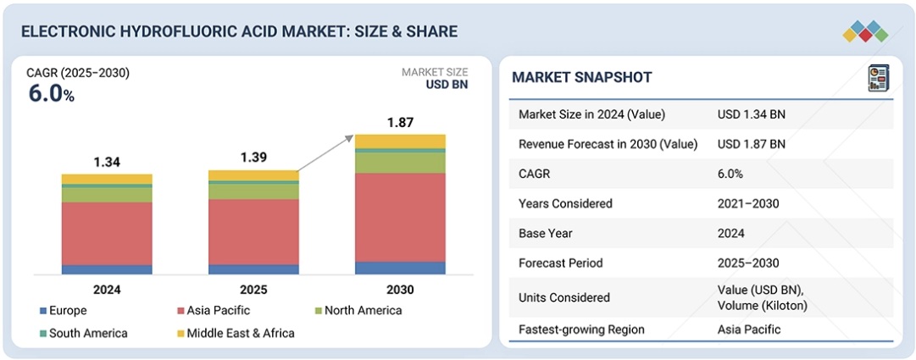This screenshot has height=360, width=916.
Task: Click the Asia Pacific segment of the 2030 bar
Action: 400,217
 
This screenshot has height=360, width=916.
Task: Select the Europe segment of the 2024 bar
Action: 107,269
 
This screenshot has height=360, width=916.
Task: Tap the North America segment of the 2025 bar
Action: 253,191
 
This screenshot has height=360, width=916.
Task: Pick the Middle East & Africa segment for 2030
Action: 400,141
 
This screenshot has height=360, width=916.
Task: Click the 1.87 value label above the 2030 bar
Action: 400,123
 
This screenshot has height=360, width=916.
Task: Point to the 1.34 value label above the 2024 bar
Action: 107,162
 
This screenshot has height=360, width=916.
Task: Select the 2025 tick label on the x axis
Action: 253,290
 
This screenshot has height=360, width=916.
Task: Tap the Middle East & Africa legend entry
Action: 234,333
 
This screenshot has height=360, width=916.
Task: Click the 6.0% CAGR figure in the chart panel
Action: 52,94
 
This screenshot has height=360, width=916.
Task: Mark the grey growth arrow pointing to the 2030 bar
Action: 325,152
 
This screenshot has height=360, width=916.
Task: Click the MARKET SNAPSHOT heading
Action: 582,78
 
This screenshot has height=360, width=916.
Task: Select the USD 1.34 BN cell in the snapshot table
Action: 751,114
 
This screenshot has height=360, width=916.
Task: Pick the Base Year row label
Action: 546,233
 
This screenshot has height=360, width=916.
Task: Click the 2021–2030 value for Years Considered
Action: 747,203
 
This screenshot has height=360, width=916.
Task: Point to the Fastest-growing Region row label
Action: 581,330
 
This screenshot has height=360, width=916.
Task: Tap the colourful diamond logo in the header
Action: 864,31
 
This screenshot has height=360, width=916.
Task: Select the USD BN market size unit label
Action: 446,85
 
